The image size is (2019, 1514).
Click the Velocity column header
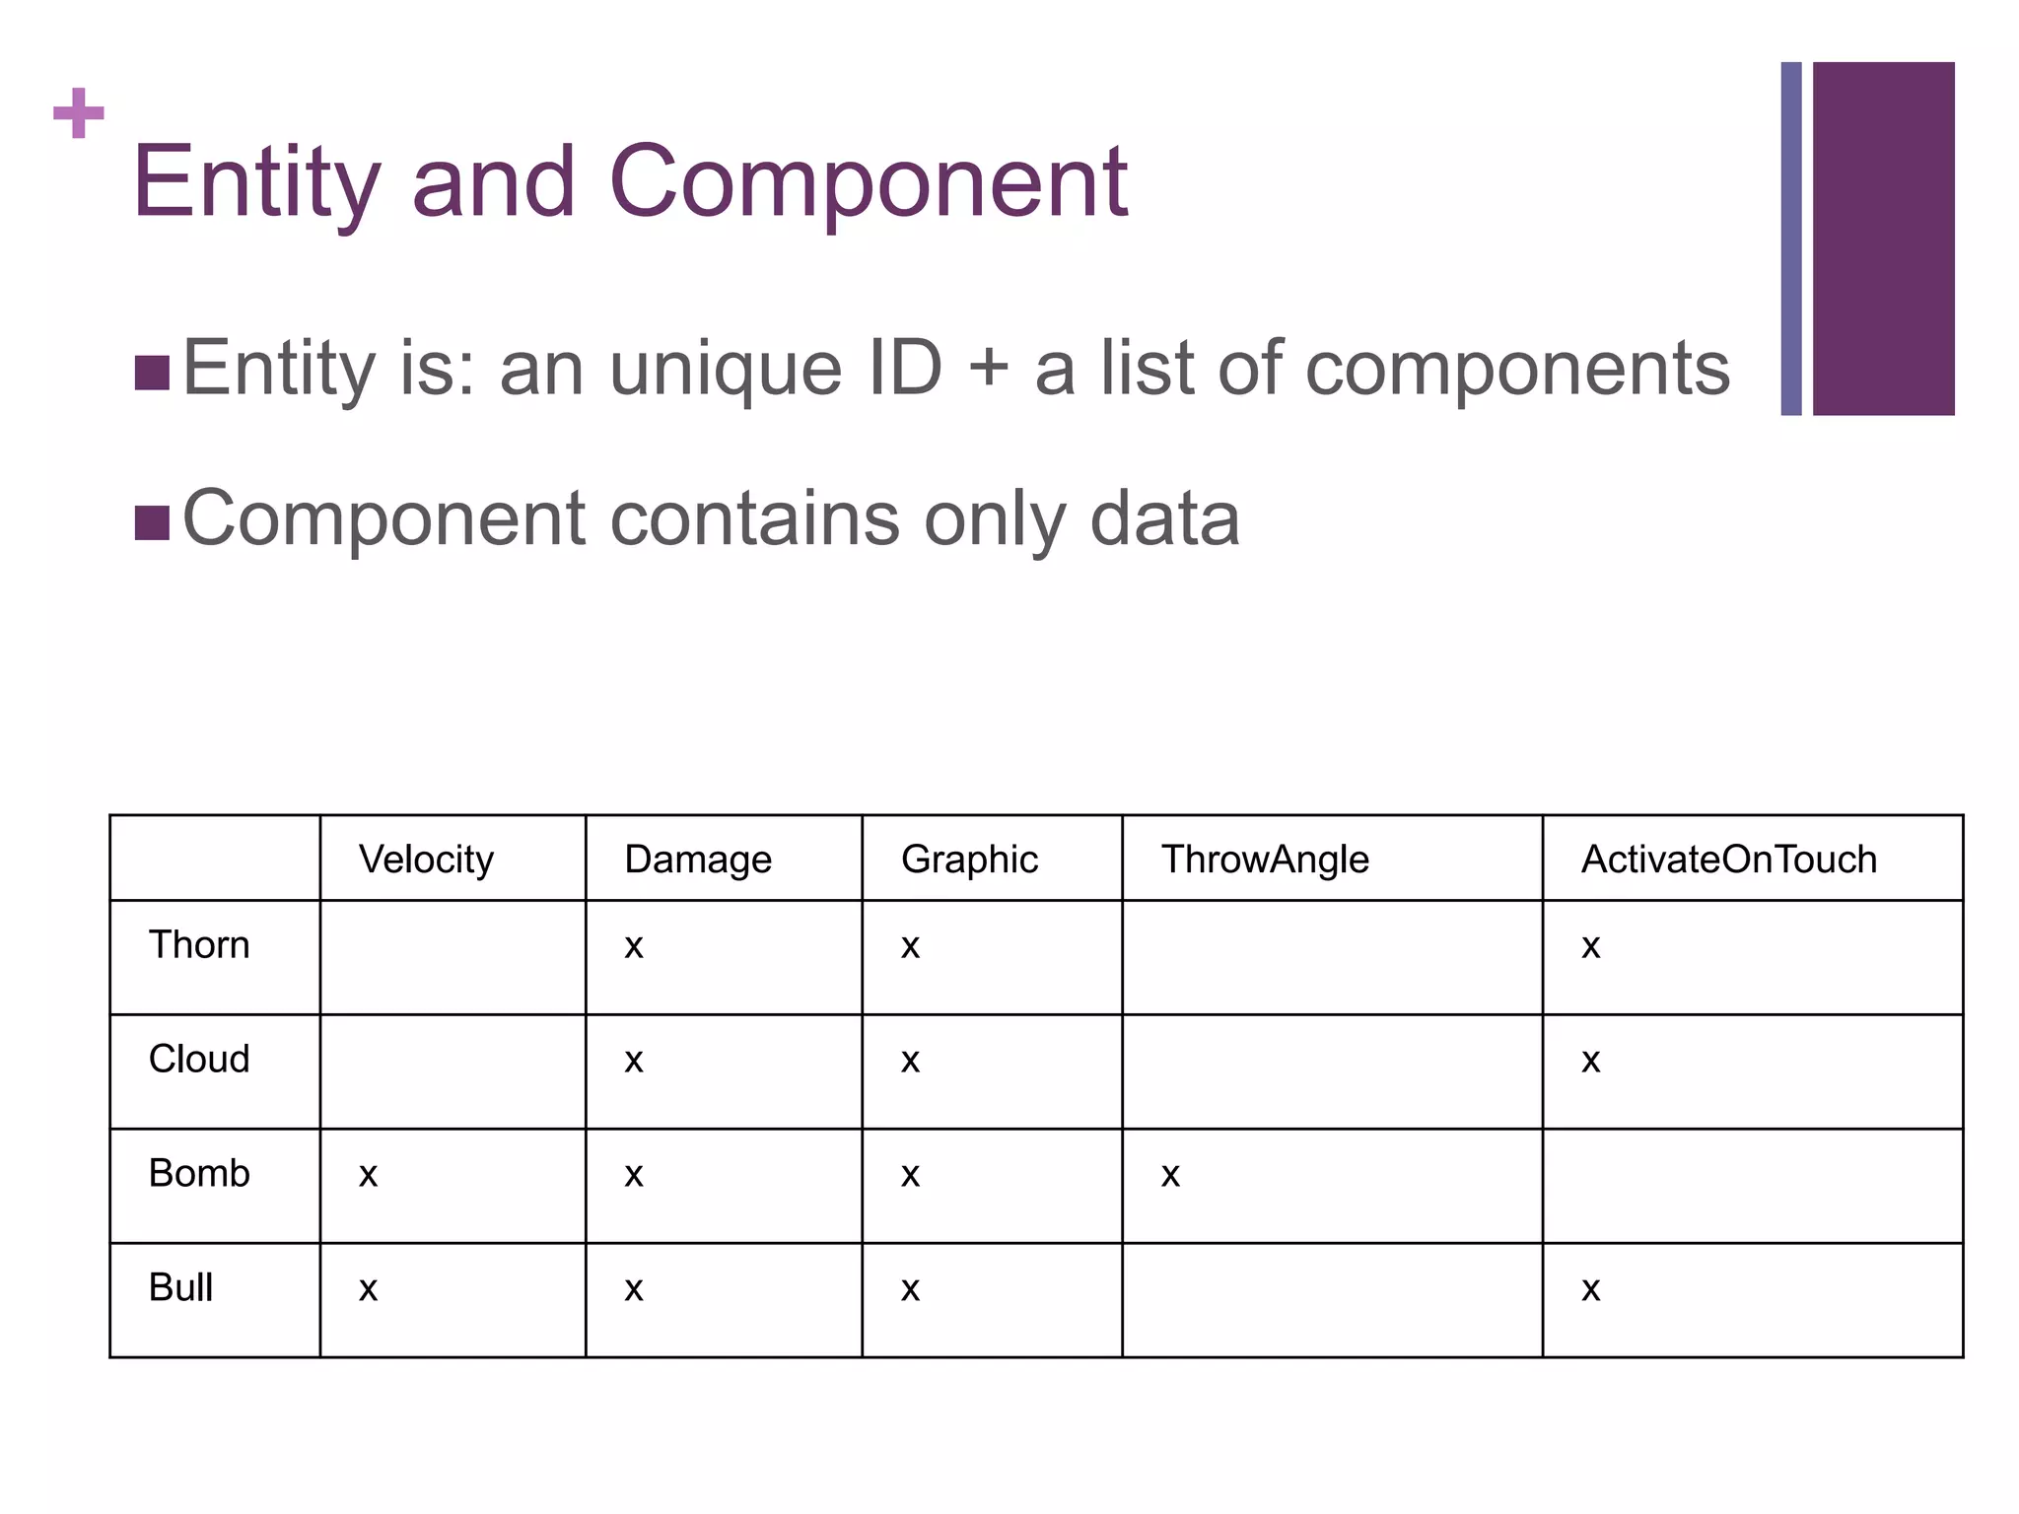pos(426,860)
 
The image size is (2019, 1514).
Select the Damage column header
pos(698,860)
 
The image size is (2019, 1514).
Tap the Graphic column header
pos(969,860)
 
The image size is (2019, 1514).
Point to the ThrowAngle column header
pos(1265,860)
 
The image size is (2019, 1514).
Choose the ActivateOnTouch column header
pos(1729,860)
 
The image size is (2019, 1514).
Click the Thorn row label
pos(199,944)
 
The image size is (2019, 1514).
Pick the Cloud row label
pos(199,1059)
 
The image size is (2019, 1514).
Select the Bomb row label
pos(199,1173)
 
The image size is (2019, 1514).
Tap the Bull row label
pos(180,1287)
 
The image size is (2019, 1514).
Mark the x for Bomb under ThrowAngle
pos(1170,1175)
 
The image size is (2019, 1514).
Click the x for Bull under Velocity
pos(368,1289)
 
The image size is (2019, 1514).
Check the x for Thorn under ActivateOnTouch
pos(1590,946)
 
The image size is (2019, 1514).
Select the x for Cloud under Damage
pos(634,1061)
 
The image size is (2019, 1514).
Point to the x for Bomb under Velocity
pos(368,1175)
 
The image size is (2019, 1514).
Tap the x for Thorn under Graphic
pos(910,946)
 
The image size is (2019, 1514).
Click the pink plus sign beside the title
pos(79,113)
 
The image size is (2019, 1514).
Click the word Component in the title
pos(869,181)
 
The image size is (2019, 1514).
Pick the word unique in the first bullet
pos(726,369)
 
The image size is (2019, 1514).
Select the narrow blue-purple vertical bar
pos(1791,239)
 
